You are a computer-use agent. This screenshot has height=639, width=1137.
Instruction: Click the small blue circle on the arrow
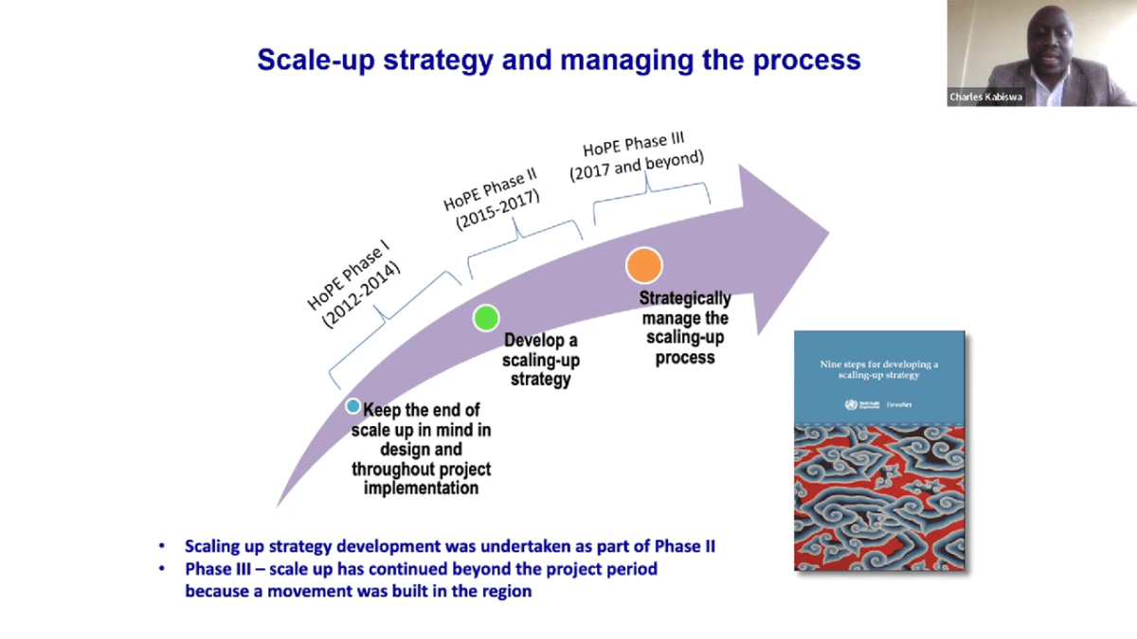coord(352,406)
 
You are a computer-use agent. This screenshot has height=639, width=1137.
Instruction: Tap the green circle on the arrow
coord(486,318)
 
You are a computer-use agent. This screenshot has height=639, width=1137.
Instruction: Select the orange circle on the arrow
coord(644,265)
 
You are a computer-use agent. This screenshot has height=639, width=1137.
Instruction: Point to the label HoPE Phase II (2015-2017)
coord(490,195)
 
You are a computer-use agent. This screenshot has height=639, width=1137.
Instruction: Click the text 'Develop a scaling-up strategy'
coord(541,360)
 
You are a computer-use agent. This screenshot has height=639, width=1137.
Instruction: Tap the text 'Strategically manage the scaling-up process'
coord(684,328)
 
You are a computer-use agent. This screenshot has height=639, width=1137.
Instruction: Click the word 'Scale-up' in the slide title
coord(309,60)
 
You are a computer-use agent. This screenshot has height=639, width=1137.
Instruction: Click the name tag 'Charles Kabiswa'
coord(985,97)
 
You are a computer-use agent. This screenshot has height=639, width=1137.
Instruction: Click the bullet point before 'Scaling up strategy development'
coord(164,547)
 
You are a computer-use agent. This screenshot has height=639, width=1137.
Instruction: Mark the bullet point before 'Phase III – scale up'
coord(164,570)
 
